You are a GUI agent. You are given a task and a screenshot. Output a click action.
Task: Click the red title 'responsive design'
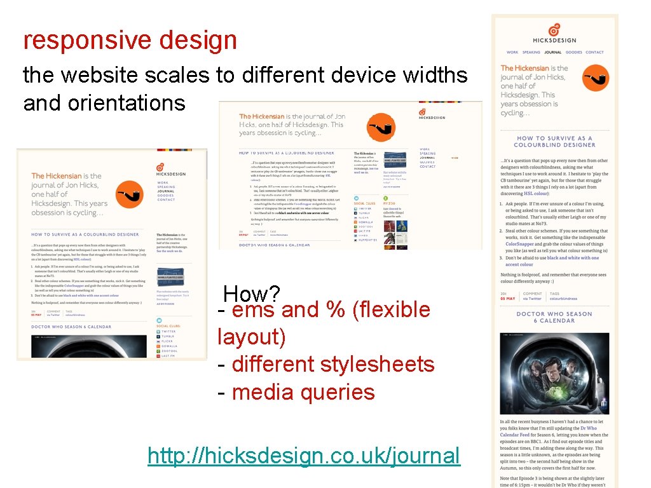[x=130, y=41]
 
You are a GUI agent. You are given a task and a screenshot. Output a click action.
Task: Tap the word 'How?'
[x=252, y=294]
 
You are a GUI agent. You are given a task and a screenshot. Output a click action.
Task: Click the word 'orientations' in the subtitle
[x=104, y=103]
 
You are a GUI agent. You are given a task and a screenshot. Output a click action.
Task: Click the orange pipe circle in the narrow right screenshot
[x=596, y=79]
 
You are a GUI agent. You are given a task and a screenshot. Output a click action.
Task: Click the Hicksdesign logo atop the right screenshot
[x=554, y=33]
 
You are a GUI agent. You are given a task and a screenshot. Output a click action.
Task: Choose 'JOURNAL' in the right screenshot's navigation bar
[x=552, y=53]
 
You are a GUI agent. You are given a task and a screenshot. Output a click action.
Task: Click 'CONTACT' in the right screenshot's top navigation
[x=594, y=53]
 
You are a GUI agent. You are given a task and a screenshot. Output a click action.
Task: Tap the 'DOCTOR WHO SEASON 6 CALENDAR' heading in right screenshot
[x=554, y=317]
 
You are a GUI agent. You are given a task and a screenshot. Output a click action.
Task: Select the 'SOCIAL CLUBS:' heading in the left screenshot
[x=168, y=325]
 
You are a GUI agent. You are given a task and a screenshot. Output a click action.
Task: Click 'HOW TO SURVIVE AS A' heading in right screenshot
[x=554, y=138]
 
